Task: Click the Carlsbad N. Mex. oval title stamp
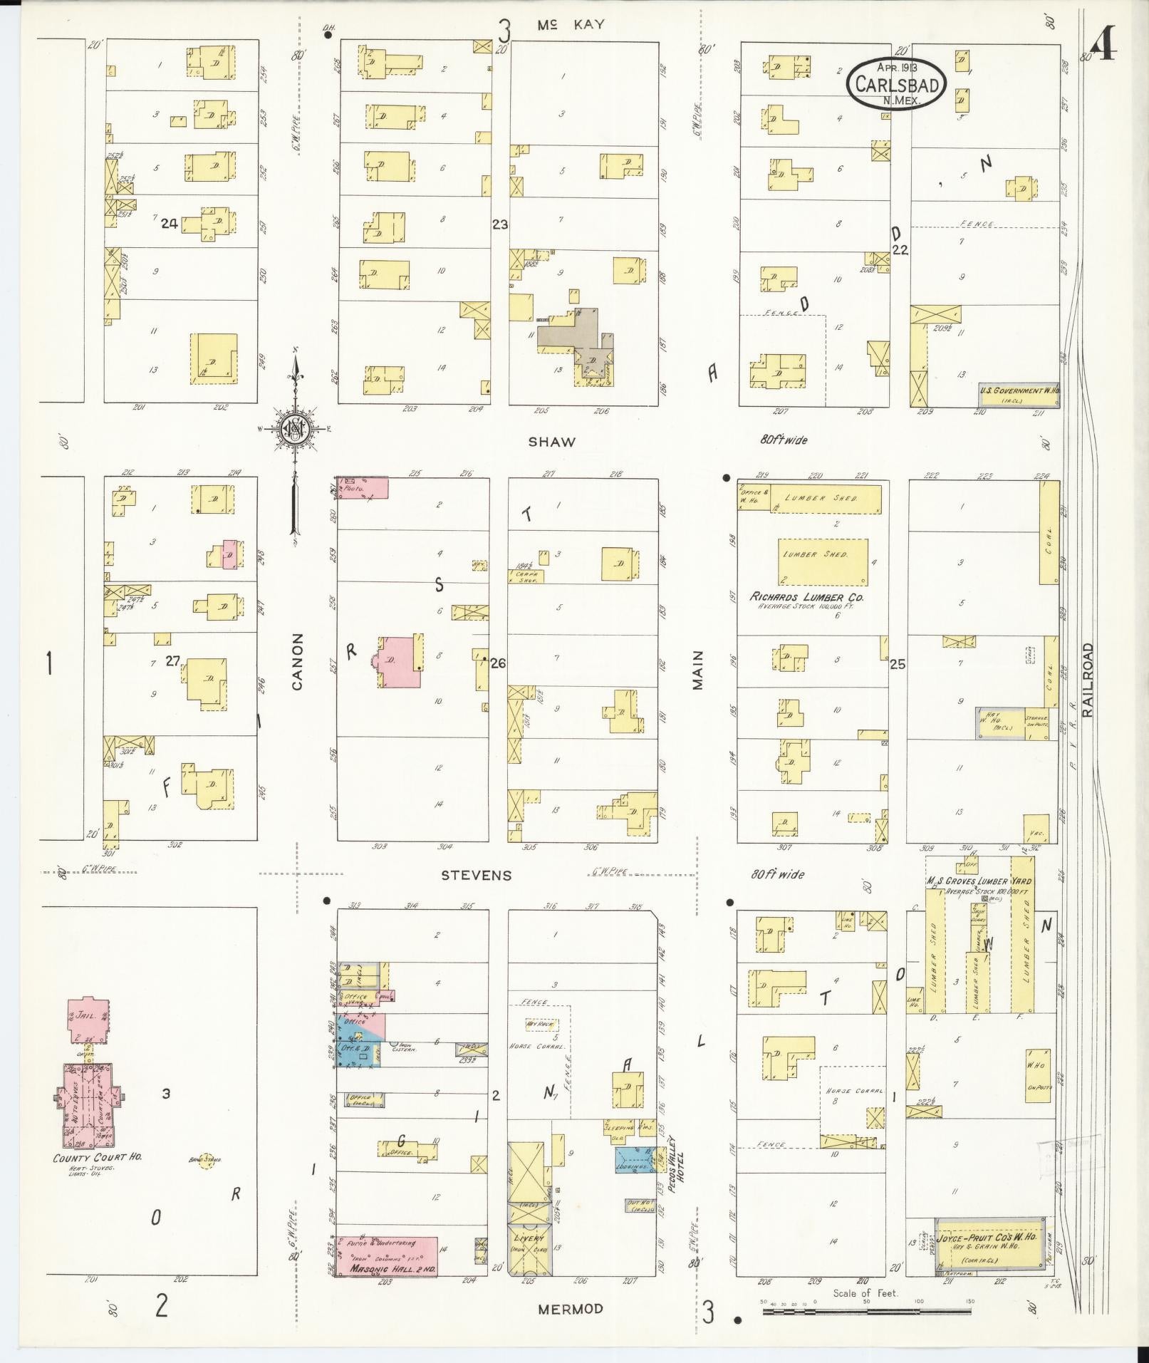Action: tap(896, 83)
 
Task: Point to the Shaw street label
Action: tap(552, 442)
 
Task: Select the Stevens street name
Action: tap(476, 875)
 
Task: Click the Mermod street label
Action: tap(570, 1309)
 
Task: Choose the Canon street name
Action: tap(297, 662)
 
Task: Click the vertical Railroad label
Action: tap(1088, 679)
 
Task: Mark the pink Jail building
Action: tap(88, 1019)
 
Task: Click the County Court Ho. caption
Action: tap(98, 1158)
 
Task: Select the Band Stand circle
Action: tap(207, 1163)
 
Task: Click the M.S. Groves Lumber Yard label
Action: tap(979, 881)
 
